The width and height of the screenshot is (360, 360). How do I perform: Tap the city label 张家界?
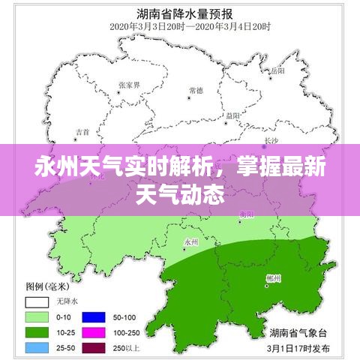pos(128,84)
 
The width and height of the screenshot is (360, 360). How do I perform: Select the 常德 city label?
pos(196,90)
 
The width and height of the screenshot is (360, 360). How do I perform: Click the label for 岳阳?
pos(278,70)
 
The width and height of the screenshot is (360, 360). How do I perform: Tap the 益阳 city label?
pos(232,115)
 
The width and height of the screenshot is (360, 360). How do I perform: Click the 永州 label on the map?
pos(190,241)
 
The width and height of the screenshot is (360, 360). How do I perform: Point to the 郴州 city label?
pos(273,278)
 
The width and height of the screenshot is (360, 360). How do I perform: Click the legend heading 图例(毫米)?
pos(46,286)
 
